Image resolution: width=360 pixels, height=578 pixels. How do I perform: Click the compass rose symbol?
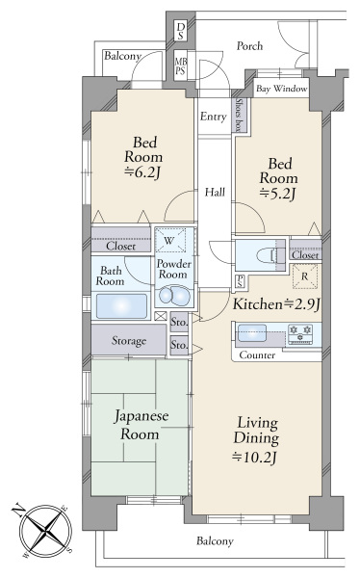[x=45, y=530]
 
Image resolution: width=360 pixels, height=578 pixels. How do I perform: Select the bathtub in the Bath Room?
[x=121, y=306]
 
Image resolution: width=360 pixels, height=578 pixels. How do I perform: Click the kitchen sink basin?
[x=252, y=333]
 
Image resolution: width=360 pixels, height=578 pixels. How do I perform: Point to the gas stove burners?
[x=300, y=334]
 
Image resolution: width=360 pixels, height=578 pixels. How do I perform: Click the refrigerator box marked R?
[x=304, y=276]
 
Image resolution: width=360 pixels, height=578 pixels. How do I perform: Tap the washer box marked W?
[x=169, y=241]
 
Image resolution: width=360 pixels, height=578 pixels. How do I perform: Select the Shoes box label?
[x=240, y=115]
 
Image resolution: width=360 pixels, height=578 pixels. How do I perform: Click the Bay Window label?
[x=281, y=89]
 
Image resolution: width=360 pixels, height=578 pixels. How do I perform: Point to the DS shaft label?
[x=181, y=31]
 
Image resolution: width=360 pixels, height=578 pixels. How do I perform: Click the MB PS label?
[x=181, y=66]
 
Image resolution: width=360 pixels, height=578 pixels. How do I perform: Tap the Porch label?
[x=249, y=46]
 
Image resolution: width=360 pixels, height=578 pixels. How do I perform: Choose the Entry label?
[x=213, y=117]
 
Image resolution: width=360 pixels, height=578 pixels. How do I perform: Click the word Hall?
[x=215, y=192]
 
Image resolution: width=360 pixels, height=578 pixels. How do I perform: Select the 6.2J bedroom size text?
[x=143, y=172]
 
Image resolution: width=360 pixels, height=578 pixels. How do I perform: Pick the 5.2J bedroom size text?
[x=278, y=194]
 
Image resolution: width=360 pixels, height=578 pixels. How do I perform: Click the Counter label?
[x=257, y=355]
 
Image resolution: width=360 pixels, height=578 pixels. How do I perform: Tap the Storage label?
[x=129, y=341]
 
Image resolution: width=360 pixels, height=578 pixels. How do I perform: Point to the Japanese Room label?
[x=141, y=425]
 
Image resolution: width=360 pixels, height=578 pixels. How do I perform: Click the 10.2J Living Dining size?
[x=255, y=458]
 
